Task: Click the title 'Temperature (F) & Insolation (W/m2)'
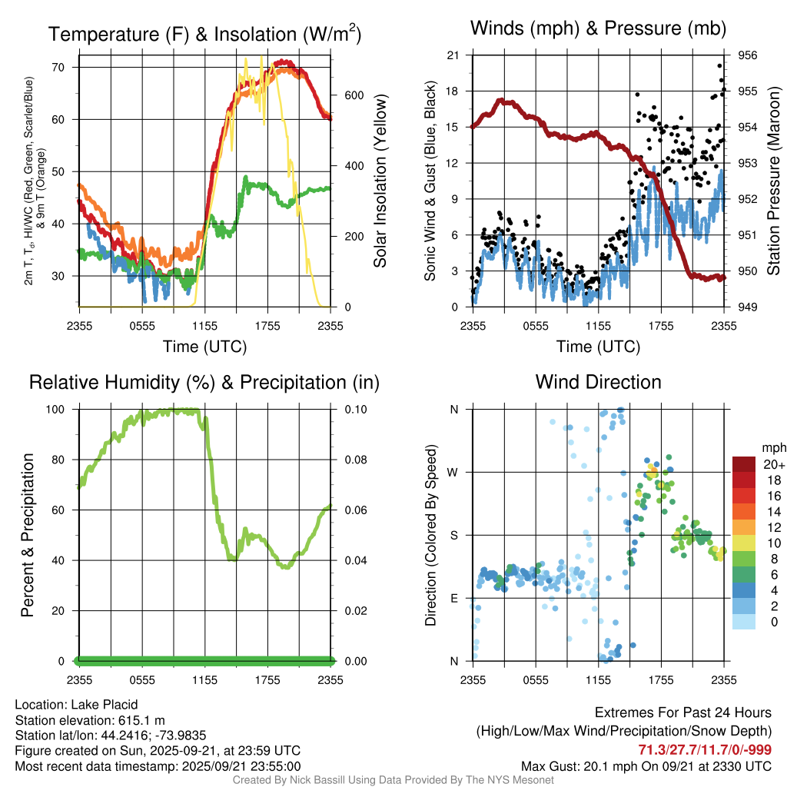click(x=204, y=34)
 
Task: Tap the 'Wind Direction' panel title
click(x=598, y=382)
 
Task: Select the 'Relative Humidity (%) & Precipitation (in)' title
click(x=204, y=382)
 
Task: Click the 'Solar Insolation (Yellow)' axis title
click(x=380, y=181)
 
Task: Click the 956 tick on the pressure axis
click(x=747, y=55)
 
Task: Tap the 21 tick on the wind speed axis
click(x=453, y=55)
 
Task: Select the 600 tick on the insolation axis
click(x=353, y=95)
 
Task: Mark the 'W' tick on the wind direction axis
click(x=453, y=472)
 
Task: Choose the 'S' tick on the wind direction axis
click(x=453, y=535)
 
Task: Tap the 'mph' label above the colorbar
click(x=772, y=447)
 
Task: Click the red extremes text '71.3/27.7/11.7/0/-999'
click(x=705, y=750)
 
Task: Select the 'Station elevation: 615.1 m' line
click(x=90, y=720)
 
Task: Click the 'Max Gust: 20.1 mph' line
click(x=646, y=765)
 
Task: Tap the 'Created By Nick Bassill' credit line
click(x=393, y=780)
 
